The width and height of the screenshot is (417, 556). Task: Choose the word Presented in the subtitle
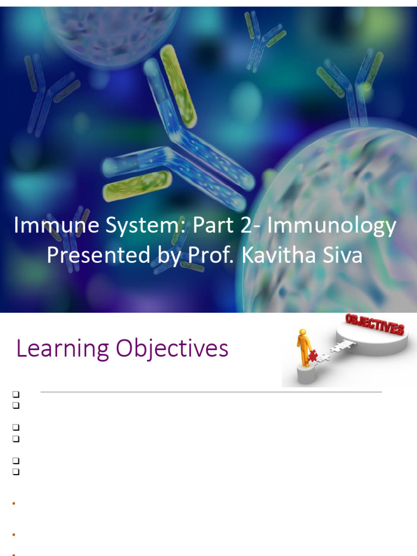click(93, 255)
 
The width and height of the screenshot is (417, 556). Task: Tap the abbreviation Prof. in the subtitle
click(207, 255)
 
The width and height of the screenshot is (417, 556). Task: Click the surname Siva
click(342, 255)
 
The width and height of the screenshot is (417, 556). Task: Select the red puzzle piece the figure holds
click(313, 356)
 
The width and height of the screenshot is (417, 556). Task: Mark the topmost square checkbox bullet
click(16, 394)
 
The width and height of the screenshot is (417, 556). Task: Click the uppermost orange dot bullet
click(13, 504)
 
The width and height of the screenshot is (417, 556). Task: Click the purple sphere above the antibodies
click(114, 27)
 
